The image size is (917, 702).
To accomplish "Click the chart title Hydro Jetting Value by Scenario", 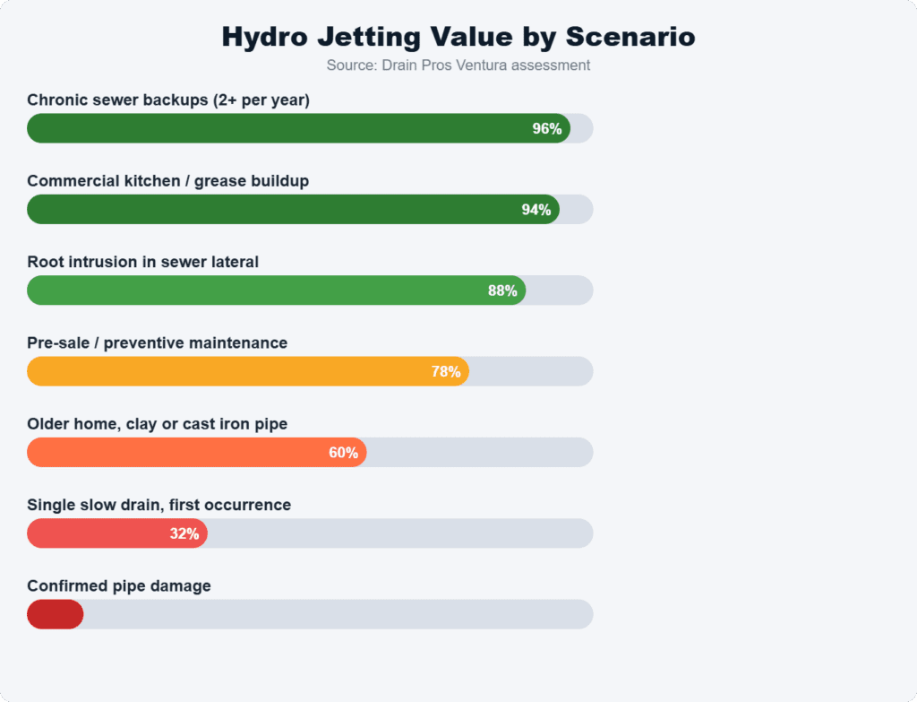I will coord(458,37).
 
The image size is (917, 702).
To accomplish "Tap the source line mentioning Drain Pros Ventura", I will coord(458,65).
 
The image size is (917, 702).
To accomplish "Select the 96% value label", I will coord(546,128).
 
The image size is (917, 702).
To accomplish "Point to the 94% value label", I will coord(536,210).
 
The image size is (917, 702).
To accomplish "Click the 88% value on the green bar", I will coord(501,290).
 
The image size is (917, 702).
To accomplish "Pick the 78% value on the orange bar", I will coord(445,371).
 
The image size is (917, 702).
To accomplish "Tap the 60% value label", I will coord(343,453).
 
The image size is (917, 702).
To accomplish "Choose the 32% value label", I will coord(184,533).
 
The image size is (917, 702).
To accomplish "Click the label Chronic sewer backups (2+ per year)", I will coord(168,100).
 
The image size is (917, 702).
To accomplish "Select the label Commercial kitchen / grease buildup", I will coord(167,181).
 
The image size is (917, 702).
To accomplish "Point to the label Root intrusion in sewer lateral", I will coord(142,262).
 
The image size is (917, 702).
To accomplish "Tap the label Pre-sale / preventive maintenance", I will coord(157,342).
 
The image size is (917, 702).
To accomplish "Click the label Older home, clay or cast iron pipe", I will coord(157,423).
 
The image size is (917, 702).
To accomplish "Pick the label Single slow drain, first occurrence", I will coord(159,505).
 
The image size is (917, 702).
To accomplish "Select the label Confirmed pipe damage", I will coord(119,585).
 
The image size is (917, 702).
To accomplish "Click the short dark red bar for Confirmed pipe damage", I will coord(55,614).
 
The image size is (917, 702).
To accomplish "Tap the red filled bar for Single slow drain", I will coord(99,533).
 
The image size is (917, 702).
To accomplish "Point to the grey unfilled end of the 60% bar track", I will coord(479,453).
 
